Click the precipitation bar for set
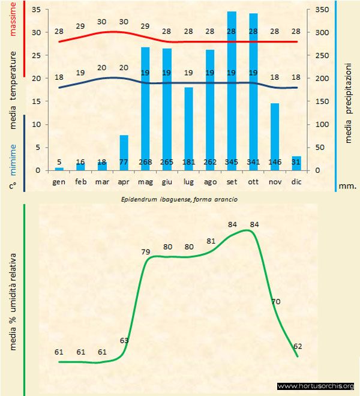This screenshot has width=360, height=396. click(x=232, y=90)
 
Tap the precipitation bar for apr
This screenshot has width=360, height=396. click(x=124, y=152)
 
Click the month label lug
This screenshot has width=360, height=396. click(x=188, y=181)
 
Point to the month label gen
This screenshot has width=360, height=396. click(x=59, y=181)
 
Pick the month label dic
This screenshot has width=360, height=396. click(x=296, y=181)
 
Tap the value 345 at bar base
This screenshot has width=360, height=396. click(x=232, y=162)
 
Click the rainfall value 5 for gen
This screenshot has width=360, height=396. click(x=59, y=162)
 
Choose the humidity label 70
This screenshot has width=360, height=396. click(x=277, y=301)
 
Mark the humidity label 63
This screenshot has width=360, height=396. click(x=124, y=340)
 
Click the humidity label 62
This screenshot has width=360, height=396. click(x=298, y=346)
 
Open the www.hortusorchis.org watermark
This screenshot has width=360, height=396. click(x=316, y=386)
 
